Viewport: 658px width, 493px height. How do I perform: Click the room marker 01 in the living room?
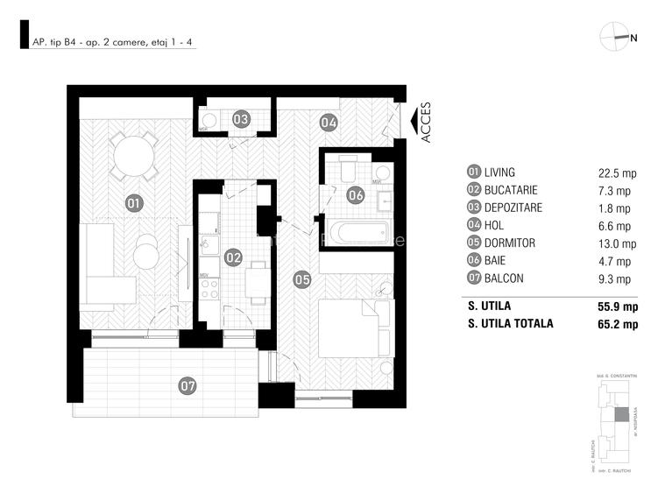[x=134, y=204]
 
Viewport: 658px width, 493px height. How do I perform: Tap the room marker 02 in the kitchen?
[x=233, y=257]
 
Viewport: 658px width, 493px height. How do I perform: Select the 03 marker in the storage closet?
[x=241, y=120]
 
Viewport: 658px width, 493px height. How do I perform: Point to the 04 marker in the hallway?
[x=329, y=123]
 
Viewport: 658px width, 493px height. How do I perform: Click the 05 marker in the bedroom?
[x=302, y=280]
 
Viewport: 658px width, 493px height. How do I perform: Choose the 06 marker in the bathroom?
[x=356, y=195]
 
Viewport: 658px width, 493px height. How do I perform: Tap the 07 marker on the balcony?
[x=187, y=384]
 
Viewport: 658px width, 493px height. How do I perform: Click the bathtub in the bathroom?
[x=357, y=233]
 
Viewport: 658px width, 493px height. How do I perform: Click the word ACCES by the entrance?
[x=426, y=123]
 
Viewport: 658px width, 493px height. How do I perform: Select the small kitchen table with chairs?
[x=255, y=280]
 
